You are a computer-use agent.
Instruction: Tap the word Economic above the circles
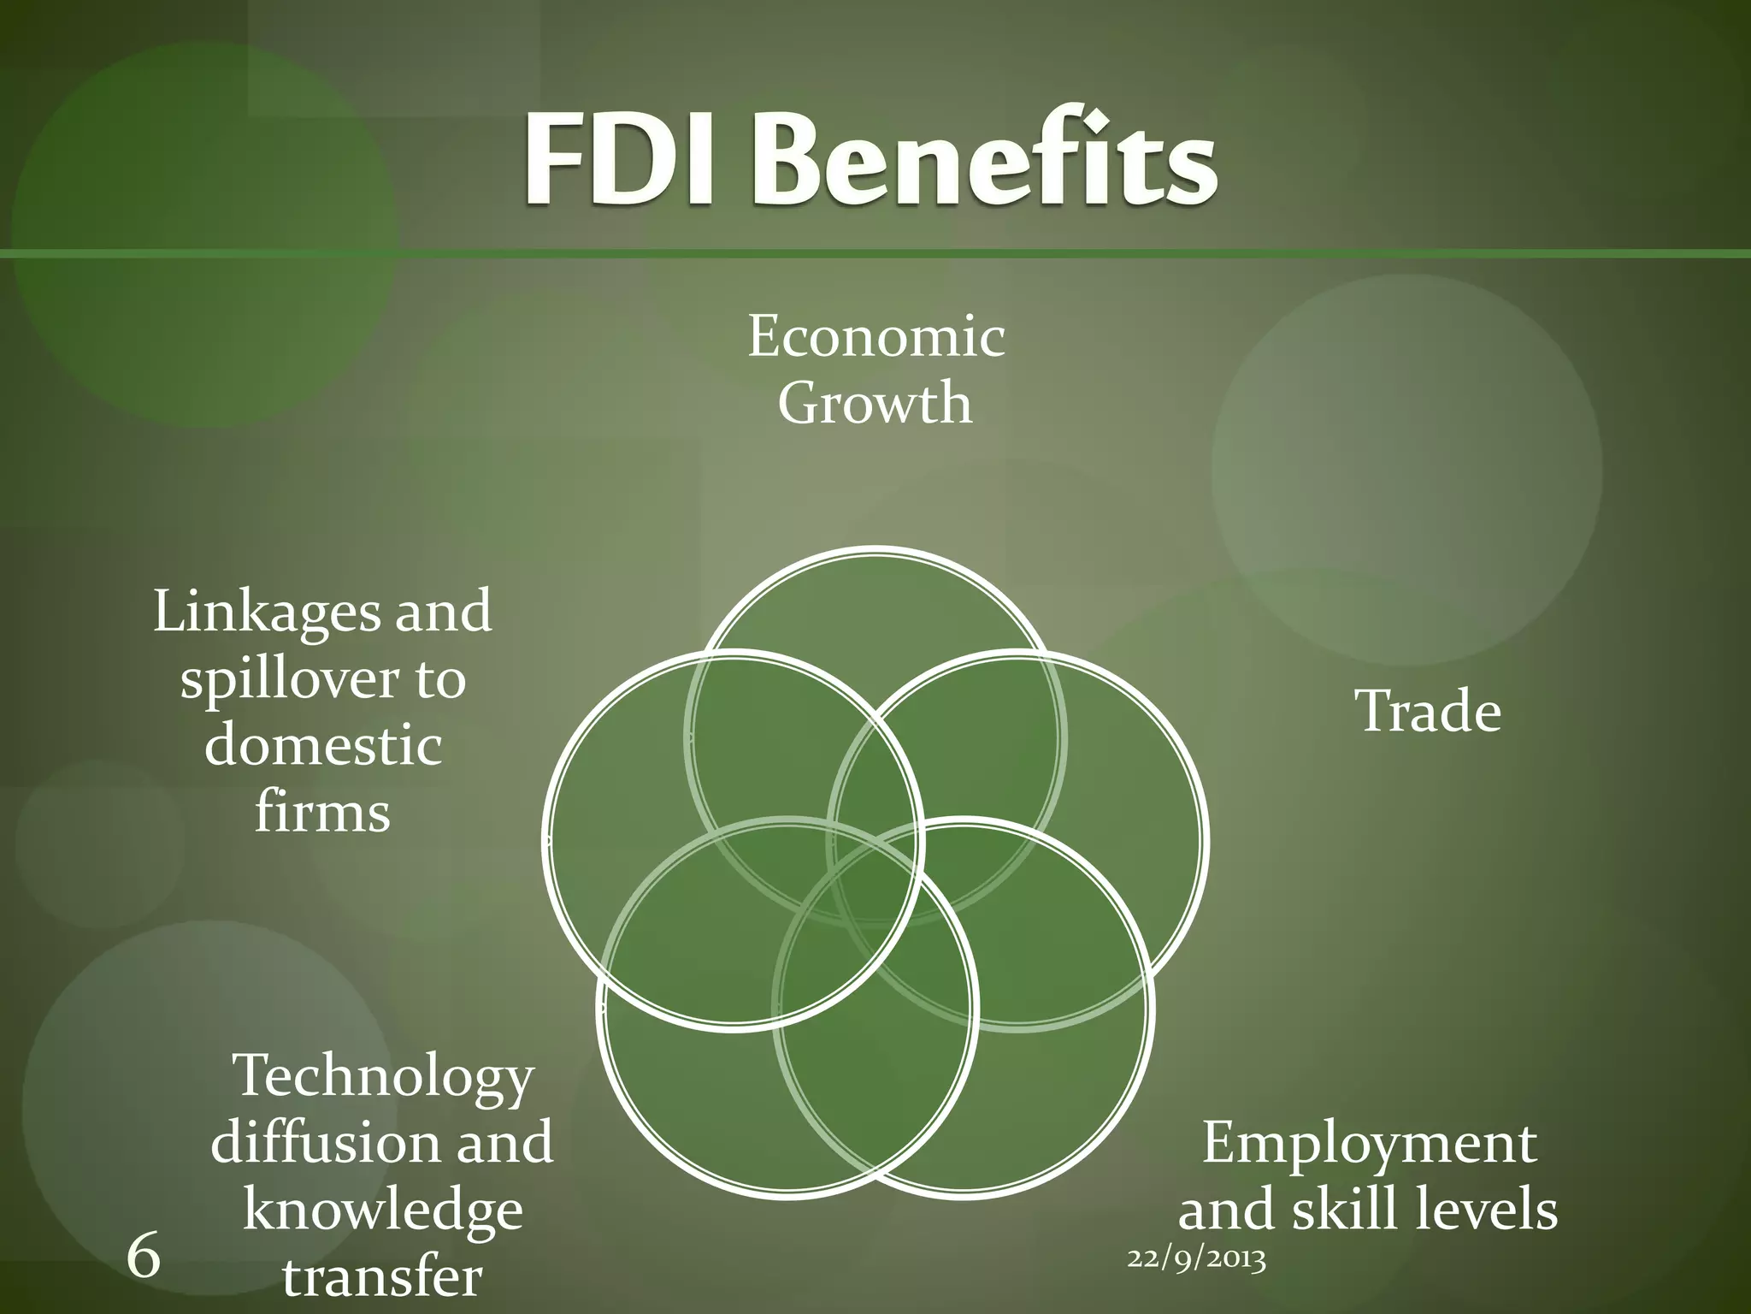[x=876, y=336]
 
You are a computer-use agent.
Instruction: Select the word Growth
[x=875, y=403]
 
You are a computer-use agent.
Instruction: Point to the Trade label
[x=1428, y=712]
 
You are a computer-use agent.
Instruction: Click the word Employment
[x=1369, y=1143]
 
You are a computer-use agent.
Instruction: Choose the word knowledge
[x=383, y=1210]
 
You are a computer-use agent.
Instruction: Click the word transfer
[x=382, y=1276]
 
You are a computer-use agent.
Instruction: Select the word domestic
[x=323, y=745]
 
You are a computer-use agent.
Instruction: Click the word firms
[x=322, y=812]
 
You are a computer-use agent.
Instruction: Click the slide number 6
[x=143, y=1257]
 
